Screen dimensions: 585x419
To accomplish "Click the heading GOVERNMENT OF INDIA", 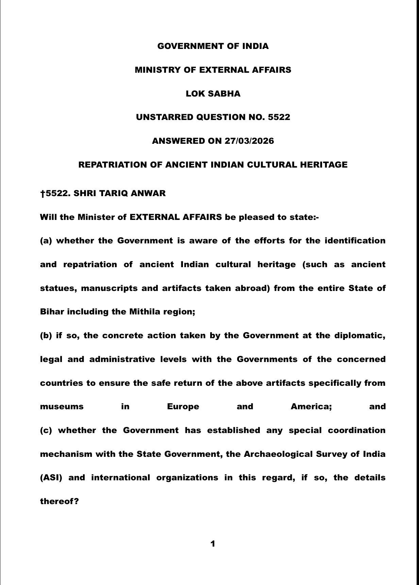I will click(x=213, y=46).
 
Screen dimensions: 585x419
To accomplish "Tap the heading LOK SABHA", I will click(x=213, y=94).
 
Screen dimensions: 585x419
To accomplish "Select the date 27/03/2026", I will click(x=249, y=141).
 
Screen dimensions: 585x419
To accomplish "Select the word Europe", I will click(x=183, y=407).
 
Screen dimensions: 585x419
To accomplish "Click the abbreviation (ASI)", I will click(x=51, y=478).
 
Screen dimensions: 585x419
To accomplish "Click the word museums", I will click(x=62, y=407).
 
